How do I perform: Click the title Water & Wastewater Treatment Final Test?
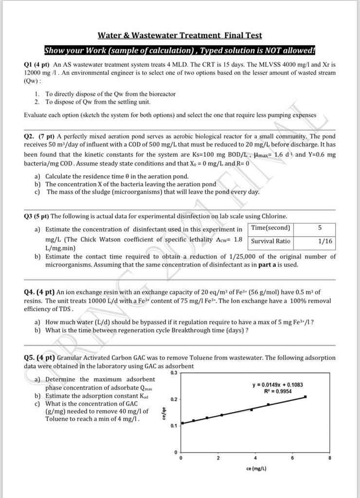click(x=180, y=35)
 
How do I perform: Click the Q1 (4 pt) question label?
click(x=36, y=64)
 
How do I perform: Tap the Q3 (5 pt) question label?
click(x=36, y=216)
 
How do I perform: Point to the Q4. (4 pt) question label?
click(x=39, y=292)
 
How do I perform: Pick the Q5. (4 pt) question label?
click(x=39, y=358)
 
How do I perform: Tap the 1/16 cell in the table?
click(x=325, y=241)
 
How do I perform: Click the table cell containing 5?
click(x=320, y=228)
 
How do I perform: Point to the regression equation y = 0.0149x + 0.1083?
click(x=277, y=385)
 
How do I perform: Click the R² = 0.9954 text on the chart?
click(x=277, y=391)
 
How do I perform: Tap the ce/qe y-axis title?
click(x=165, y=414)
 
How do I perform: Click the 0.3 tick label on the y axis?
click(x=175, y=373)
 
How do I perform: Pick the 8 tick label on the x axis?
click(x=330, y=459)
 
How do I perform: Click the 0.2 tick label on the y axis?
click(x=175, y=399)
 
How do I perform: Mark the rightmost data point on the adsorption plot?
click(x=305, y=397)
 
